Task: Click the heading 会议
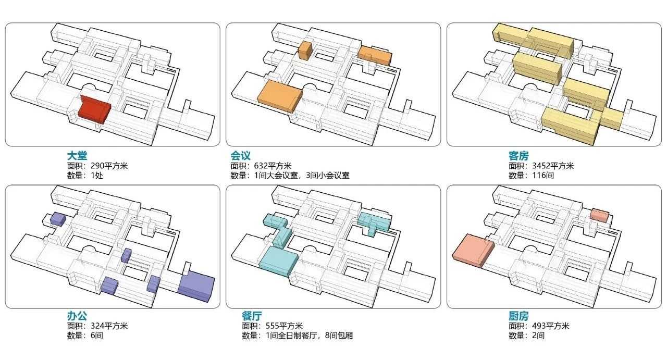[x=241, y=155]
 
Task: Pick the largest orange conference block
[x=279, y=96]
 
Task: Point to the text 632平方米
[x=274, y=166]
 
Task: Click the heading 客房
[x=518, y=155]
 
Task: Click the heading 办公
[x=76, y=316]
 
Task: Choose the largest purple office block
[x=196, y=285]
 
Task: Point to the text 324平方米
[x=109, y=326]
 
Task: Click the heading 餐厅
[x=252, y=316]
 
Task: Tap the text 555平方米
[x=284, y=326]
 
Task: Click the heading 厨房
[x=518, y=316]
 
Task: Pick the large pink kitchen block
[x=472, y=250]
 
